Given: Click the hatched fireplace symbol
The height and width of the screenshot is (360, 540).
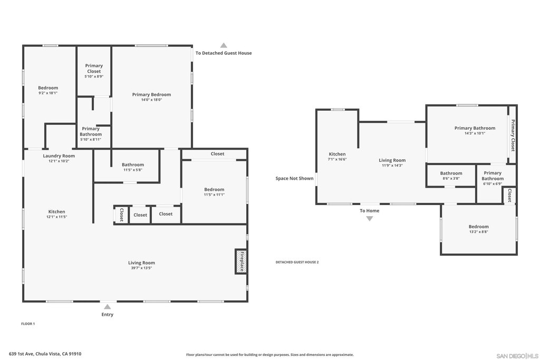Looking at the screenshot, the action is coord(240,261).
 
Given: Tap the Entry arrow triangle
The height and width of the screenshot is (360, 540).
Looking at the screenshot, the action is coord(108,307).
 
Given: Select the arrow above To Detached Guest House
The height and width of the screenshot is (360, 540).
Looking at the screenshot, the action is coord(224,45).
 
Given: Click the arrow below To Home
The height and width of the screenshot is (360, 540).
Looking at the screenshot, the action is coord(370,219).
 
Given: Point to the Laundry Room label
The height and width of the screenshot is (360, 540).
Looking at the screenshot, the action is coord(59,156).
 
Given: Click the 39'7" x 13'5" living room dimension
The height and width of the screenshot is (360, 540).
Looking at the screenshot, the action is coord(141,268).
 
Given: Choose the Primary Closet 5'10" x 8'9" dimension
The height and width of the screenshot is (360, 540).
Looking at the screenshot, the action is coord(94,76).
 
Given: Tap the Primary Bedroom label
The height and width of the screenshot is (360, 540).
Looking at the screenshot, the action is coord(151,95).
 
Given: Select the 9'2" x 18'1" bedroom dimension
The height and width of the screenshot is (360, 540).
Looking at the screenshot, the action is coord(48,93).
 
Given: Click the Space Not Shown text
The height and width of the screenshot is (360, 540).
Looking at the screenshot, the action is coord(294,178).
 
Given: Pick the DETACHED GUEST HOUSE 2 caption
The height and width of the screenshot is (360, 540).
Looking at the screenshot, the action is coord(297,262).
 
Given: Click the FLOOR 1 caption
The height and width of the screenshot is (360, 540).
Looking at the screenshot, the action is coord(28,324).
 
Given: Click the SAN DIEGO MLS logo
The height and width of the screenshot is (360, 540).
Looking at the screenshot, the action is coord(517,356).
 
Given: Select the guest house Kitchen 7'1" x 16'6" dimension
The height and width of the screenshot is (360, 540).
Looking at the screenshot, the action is coord(337,159).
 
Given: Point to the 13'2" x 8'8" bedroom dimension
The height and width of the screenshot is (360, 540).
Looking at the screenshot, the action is coord(479,232).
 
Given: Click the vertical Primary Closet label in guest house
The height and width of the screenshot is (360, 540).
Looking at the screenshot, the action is coord(513,135).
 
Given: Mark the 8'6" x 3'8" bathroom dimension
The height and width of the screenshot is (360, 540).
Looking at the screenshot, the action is coord(451,179).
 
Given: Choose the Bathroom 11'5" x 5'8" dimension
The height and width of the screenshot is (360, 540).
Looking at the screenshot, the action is coord(132,170).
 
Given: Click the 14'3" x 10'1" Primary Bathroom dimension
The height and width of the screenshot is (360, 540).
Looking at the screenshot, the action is coord(475,133).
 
